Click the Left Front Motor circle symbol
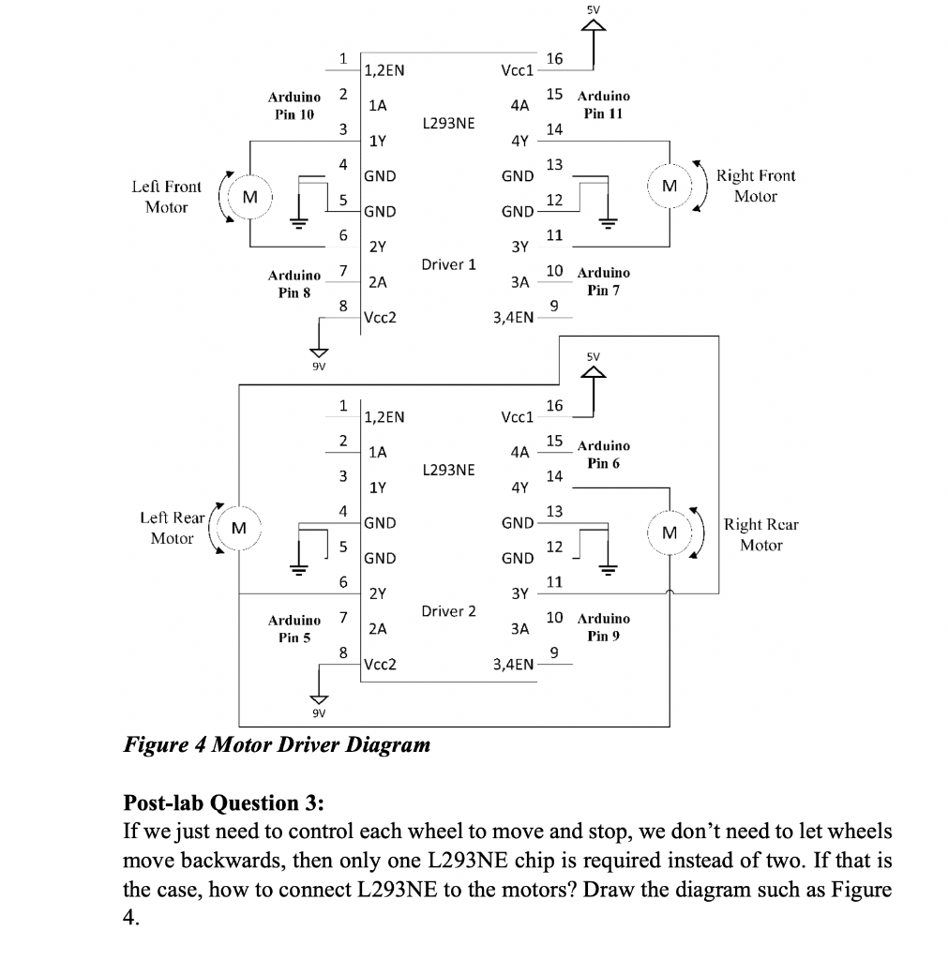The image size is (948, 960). point(248,197)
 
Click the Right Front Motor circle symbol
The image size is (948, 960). point(669,186)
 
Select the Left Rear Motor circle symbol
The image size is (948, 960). point(240,528)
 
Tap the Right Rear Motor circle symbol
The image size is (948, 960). point(669,532)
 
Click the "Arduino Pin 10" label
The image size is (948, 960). point(293,105)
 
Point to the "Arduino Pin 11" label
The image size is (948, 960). point(604,104)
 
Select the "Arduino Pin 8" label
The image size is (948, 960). point(293,283)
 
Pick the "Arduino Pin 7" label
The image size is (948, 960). point(604,280)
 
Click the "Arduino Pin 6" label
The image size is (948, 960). point(604,454)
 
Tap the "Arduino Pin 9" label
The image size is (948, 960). point(604,627)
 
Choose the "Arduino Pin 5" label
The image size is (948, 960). point(293,628)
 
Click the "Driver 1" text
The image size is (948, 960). point(449,264)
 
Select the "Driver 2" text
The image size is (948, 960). point(449,611)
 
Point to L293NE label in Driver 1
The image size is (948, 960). point(449,123)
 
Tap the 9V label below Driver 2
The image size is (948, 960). point(319,712)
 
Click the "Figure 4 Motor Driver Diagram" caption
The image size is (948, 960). point(278,745)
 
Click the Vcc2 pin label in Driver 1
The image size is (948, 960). point(380,317)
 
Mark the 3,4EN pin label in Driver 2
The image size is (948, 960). point(513,665)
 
